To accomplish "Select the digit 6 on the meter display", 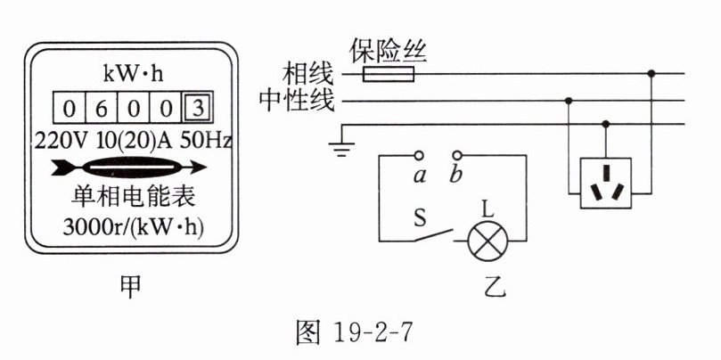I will (101, 110).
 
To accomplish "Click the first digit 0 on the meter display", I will (69, 110).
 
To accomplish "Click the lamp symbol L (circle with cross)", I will (487, 240).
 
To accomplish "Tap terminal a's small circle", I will (418, 154).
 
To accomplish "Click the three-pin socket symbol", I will (606, 183).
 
